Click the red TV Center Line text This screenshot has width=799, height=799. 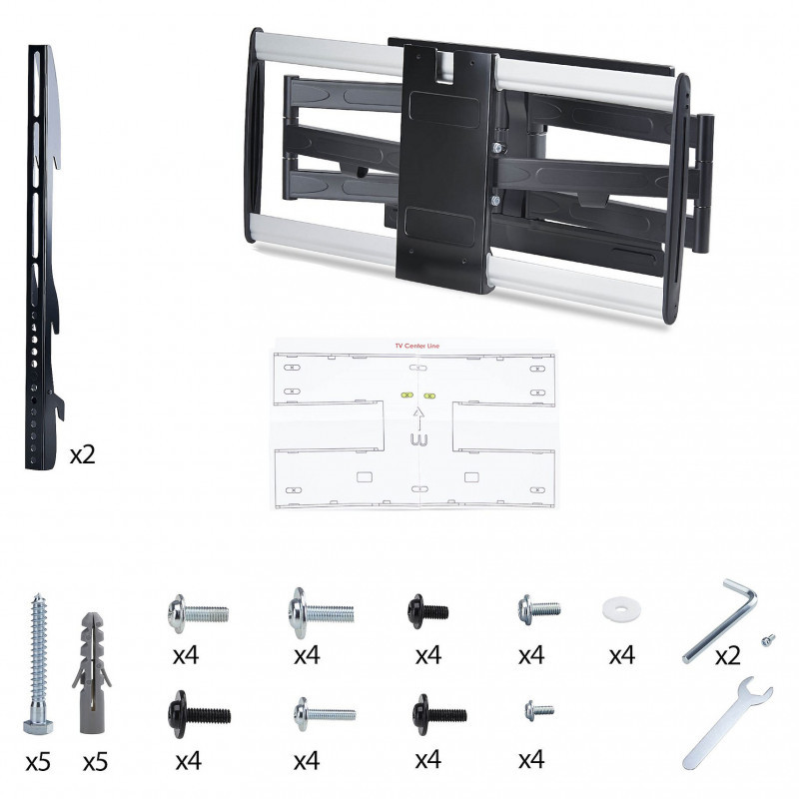416,346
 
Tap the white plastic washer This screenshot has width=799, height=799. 621,609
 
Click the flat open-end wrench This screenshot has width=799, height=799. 727,722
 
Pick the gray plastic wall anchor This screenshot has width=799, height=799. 92,672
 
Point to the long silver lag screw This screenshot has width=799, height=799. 38,663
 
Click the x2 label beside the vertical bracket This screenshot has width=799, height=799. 83,454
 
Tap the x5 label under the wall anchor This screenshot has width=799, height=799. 95,762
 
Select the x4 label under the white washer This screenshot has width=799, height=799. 621,655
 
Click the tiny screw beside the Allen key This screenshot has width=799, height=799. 768,639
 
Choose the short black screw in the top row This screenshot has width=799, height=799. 427,611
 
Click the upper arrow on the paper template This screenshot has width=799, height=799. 418,418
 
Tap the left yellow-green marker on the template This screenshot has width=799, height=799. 406,395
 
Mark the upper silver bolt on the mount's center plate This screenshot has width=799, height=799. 497,148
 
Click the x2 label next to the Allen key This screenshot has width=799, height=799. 727,656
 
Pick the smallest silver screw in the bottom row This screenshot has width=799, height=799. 539,710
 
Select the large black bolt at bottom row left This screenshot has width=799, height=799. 199,714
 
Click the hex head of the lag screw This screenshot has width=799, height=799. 38,725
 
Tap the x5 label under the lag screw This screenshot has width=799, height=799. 38,762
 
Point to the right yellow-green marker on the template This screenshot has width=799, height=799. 429,396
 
